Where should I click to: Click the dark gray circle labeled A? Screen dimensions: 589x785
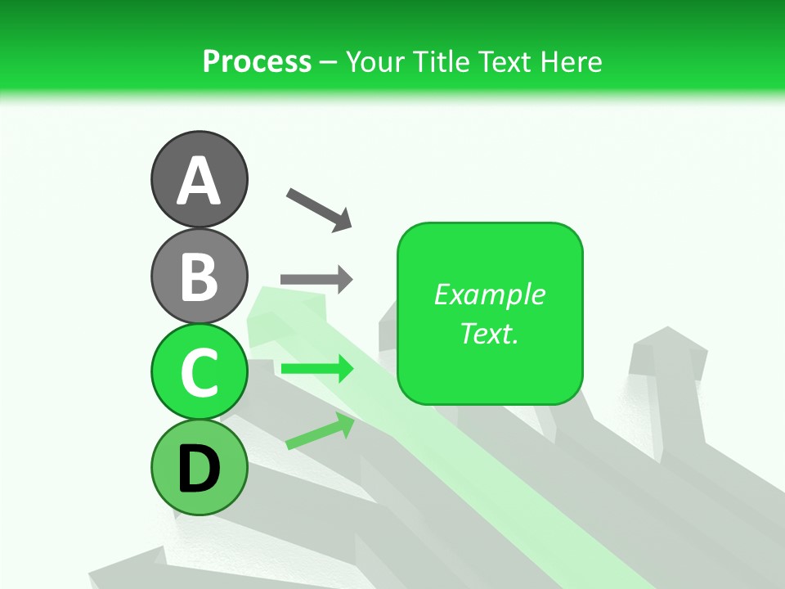pyautogui.click(x=199, y=179)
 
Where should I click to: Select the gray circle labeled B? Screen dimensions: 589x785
pyautogui.click(x=199, y=276)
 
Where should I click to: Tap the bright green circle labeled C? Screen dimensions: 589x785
pyautogui.click(x=199, y=371)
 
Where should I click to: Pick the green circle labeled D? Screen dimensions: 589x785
pyautogui.click(x=199, y=467)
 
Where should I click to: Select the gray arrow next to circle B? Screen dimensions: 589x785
pyautogui.click(x=316, y=280)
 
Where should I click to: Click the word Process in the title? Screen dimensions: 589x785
pyautogui.click(x=257, y=61)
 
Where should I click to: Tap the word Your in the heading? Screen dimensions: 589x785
pyautogui.click(x=375, y=61)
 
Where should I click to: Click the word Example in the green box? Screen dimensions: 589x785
pyautogui.click(x=489, y=294)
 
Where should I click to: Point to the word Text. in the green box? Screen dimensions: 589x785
pyautogui.click(x=489, y=333)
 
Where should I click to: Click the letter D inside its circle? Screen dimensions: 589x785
pyautogui.click(x=199, y=469)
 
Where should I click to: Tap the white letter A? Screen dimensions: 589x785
pyautogui.click(x=199, y=181)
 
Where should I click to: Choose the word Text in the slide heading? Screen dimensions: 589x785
pyautogui.click(x=505, y=61)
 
